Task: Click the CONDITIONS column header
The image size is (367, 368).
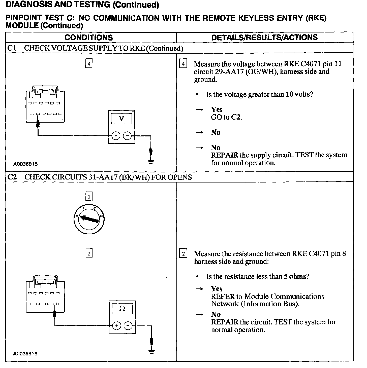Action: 89,38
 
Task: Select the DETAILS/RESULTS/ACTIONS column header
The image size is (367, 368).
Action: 264,38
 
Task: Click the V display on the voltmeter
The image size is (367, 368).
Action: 121,118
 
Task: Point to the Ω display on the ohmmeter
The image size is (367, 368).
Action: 122,309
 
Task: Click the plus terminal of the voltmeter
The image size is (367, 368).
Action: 116,136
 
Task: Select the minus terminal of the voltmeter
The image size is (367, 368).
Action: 128,136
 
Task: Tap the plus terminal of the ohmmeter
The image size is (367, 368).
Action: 116,326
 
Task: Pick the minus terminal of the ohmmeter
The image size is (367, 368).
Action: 128,326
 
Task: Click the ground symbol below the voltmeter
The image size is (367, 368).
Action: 151,161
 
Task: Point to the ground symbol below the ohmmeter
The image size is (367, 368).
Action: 151,351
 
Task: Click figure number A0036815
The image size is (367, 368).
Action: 25,164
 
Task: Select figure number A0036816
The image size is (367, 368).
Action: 25,354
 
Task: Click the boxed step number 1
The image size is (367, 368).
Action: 89,196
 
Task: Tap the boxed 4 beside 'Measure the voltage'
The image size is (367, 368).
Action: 183,64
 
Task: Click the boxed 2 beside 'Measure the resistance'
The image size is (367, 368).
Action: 183,253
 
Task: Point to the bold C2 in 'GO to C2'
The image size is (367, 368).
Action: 236,117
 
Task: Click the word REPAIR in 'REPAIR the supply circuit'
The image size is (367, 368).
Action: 225,155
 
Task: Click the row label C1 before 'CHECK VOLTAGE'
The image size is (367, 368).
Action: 12,48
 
